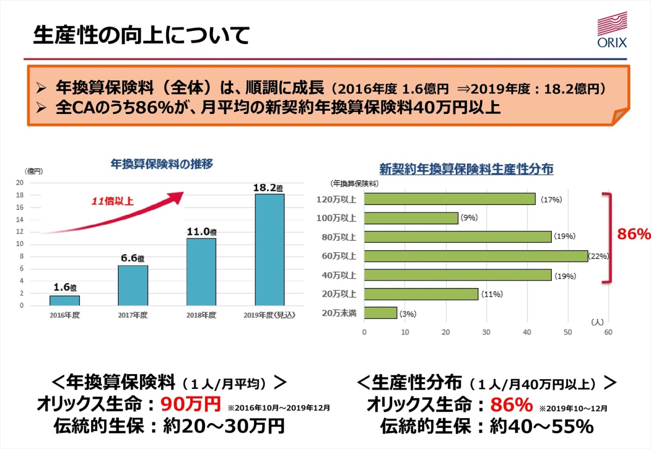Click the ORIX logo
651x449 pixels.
611,32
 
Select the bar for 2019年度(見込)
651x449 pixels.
270,249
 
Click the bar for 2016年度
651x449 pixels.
65,300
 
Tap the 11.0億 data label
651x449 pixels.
201,232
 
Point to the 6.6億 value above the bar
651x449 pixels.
133,259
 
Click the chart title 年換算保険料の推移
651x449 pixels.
162,164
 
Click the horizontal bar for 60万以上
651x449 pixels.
476,256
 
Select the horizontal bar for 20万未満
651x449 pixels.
380,313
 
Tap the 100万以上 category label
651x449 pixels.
339,219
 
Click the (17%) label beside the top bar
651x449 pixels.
551,200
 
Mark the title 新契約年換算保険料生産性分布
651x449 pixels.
466,169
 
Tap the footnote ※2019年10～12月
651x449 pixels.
573,408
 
